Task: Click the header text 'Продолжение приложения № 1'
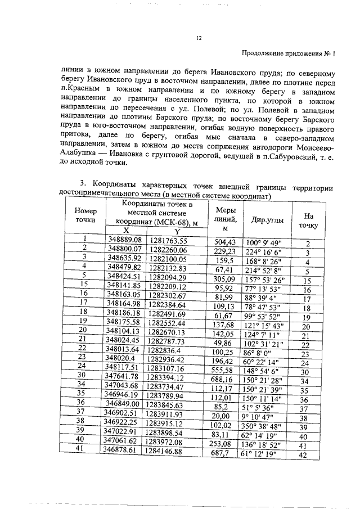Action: coord(287,54)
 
